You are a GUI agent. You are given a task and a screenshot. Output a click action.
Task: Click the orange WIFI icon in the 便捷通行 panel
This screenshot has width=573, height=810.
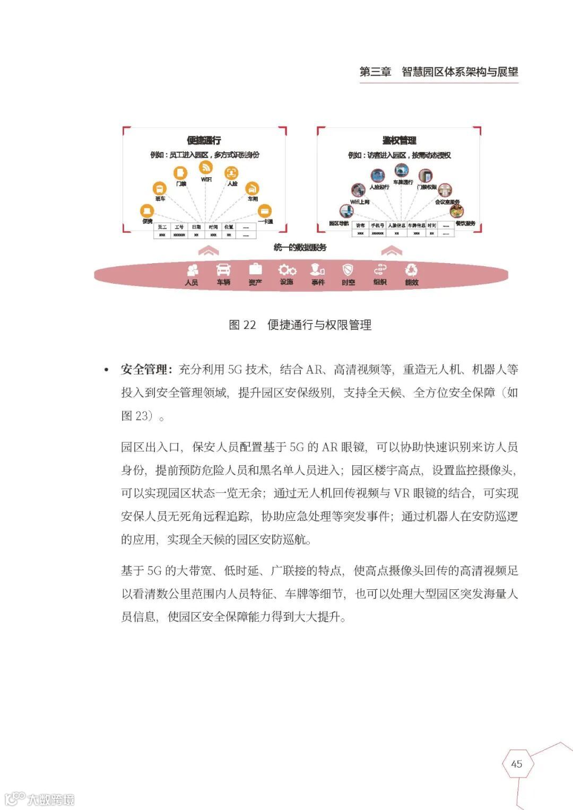pos(206,168)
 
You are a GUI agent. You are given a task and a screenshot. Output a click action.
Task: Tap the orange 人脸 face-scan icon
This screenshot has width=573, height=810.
pos(231,172)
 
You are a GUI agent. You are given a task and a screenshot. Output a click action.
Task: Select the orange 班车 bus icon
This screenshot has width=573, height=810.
pos(159,188)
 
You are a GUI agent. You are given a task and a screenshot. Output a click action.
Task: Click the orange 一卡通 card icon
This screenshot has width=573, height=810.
pos(264,211)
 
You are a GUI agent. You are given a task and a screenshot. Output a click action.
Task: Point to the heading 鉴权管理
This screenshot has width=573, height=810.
pos(399,141)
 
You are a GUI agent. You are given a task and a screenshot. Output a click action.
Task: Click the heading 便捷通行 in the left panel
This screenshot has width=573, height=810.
pos(204,141)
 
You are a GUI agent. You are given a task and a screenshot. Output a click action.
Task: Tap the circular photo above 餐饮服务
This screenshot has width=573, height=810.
pos(456,212)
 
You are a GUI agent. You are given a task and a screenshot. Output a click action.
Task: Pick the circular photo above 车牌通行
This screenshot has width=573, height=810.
pos(402,171)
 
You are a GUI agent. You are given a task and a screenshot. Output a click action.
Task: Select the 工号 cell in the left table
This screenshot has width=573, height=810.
pos(179,227)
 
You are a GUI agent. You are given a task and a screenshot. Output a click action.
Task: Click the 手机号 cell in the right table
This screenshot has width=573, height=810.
pos(377,226)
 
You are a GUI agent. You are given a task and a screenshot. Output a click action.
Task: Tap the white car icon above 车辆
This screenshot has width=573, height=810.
pos(223,270)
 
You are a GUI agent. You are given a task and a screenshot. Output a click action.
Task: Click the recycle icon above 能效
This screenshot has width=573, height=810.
pos(411,270)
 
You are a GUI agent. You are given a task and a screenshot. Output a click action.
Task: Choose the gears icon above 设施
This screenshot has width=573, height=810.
pos(286,270)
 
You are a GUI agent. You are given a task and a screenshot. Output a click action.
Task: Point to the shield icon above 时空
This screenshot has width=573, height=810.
pos(348,270)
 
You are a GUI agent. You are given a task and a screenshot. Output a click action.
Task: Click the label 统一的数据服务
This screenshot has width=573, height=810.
pos(300,248)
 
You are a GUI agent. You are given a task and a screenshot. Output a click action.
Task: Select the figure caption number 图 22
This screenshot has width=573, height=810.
pos(242,325)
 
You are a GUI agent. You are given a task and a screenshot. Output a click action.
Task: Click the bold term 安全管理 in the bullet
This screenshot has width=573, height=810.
pos(144,370)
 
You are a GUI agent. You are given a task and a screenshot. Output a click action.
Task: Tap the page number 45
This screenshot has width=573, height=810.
pos(516,764)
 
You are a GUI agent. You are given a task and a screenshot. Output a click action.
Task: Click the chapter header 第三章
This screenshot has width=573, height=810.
pos(375,72)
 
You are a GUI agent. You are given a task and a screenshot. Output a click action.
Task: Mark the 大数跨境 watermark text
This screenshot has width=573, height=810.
pos(51,799)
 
